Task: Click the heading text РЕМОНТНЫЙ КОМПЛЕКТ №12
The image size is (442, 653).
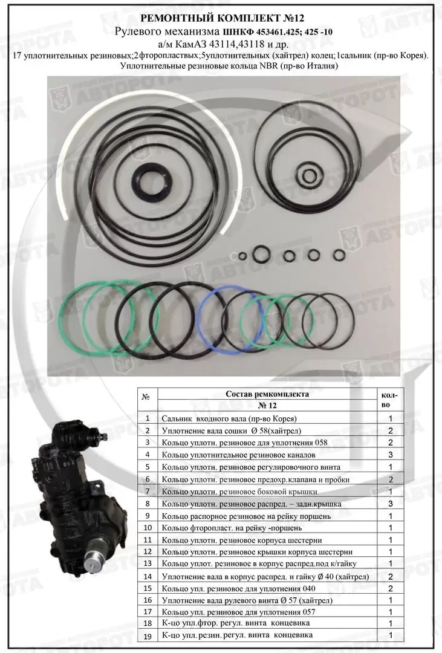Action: [x=221, y=18]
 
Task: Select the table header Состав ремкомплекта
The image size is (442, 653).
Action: [x=267, y=394]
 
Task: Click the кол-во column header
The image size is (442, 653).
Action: [x=390, y=400]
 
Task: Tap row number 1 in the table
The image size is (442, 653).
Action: [x=147, y=418]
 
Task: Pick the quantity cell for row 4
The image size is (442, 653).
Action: [x=391, y=455]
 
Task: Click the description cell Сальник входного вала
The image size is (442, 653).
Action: [x=229, y=418]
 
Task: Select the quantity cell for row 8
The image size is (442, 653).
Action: [x=391, y=504]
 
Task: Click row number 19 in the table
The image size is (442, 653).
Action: [x=148, y=635]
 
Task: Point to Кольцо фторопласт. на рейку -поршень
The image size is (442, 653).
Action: [x=232, y=528]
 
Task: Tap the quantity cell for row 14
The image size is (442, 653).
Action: [x=391, y=577]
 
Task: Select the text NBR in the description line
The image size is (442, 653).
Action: [x=268, y=66]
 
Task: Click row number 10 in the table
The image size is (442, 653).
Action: [x=148, y=528]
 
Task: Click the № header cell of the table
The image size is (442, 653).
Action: [x=146, y=397]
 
